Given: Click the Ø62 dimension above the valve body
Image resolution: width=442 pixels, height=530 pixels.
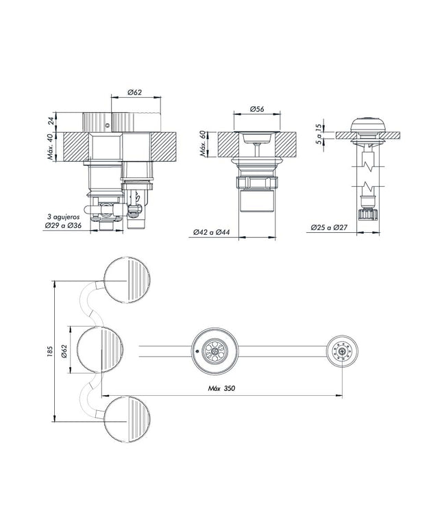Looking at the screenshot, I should [x=134, y=92].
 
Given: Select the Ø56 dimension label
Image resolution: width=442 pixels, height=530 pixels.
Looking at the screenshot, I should [x=258, y=108].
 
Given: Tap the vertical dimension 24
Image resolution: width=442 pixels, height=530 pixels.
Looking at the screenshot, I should [x=51, y=121].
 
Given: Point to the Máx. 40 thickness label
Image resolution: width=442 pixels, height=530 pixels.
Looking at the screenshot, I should [x=51, y=147].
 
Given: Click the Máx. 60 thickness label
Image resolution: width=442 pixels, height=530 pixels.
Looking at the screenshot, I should [x=203, y=145].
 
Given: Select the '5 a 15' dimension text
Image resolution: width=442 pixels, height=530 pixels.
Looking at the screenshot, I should [x=319, y=132].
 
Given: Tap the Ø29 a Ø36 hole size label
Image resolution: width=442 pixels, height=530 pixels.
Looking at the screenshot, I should [x=62, y=226].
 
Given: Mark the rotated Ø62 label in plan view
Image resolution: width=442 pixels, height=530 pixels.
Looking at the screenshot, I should [x=63, y=351].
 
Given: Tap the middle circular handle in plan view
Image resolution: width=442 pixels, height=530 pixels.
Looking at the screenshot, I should [x=100, y=351].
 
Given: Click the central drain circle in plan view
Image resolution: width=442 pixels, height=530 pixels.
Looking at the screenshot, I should [x=215, y=351].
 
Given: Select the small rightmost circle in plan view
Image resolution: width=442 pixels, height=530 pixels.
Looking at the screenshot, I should [x=341, y=351].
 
